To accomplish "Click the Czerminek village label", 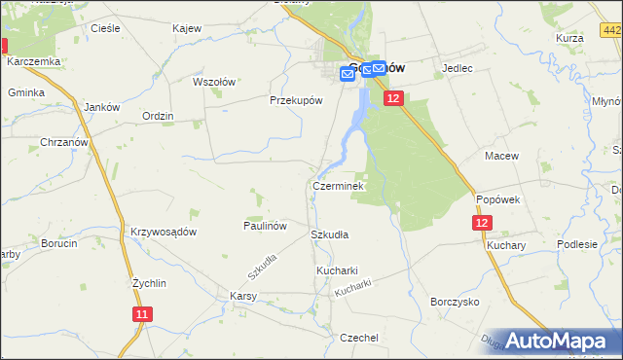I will click(338, 185).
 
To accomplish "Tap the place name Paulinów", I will click(264, 225).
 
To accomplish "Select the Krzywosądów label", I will click(164, 232).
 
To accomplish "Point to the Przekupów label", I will click(295, 99).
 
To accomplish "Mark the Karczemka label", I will click(33, 61).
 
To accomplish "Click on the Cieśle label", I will click(104, 29).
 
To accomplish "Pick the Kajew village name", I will click(186, 29).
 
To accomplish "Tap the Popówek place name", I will click(499, 198).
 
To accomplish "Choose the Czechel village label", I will click(358, 337).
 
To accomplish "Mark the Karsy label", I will click(242, 295).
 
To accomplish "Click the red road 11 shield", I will click(142, 314).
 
